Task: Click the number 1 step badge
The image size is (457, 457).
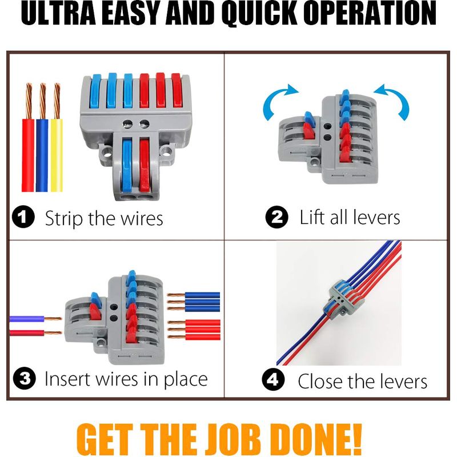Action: [x=23, y=217]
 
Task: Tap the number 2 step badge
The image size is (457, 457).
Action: [x=277, y=217]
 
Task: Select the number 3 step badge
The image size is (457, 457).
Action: [x=25, y=378]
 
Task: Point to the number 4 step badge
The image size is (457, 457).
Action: [x=274, y=379]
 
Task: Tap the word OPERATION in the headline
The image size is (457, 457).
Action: [x=372, y=13]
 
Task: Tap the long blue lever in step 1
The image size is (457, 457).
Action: [x=127, y=166]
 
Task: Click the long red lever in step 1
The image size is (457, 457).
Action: [x=145, y=166]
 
